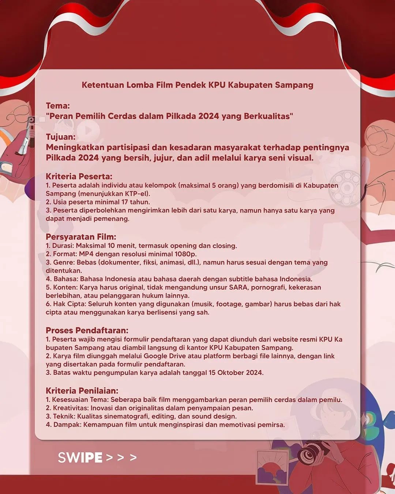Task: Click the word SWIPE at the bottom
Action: coord(80,457)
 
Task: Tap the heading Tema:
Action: coord(58,106)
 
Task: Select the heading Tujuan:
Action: coord(61,137)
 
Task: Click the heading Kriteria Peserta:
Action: coord(79,176)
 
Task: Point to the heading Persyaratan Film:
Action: coord(81,237)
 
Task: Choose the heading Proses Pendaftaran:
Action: coord(87,330)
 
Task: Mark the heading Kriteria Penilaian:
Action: coord(82,391)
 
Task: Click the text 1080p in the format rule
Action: coord(185,254)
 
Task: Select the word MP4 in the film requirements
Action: coord(86,254)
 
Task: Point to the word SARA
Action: coord(238,287)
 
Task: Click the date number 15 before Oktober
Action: coord(212,373)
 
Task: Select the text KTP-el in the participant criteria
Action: coord(137,194)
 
